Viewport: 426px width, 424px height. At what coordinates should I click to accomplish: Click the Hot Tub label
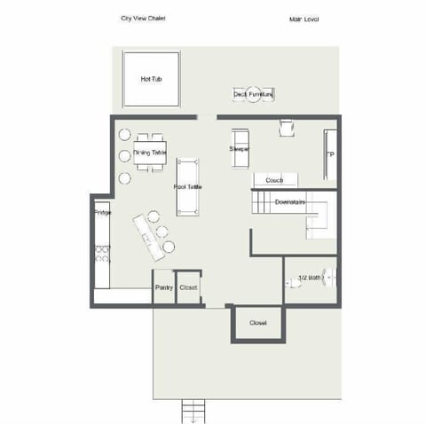point(151,79)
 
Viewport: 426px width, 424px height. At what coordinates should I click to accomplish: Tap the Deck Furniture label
point(252,93)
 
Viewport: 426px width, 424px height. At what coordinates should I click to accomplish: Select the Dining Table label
point(149,153)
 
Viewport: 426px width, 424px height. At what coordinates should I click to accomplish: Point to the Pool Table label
point(187,187)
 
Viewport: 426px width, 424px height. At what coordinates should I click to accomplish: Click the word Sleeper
point(240,149)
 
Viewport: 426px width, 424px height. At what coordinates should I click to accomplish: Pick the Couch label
point(274,180)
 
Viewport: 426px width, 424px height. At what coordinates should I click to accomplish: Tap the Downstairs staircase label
point(289,202)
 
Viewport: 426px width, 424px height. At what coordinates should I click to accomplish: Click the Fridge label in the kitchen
point(101,213)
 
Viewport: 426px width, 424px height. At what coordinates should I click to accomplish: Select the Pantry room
point(163,287)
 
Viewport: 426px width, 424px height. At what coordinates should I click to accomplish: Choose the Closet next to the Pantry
point(188,287)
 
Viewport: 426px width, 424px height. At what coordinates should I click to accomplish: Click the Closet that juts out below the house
point(257,323)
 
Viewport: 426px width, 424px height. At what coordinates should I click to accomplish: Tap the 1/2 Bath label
point(310,279)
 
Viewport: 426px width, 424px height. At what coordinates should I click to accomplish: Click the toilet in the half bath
point(293,283)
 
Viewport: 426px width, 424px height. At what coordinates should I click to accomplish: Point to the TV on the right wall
point(330,154)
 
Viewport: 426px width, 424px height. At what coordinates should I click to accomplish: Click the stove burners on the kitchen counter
point(102,254)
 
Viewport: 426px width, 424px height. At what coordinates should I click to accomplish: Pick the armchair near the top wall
point(286,128)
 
